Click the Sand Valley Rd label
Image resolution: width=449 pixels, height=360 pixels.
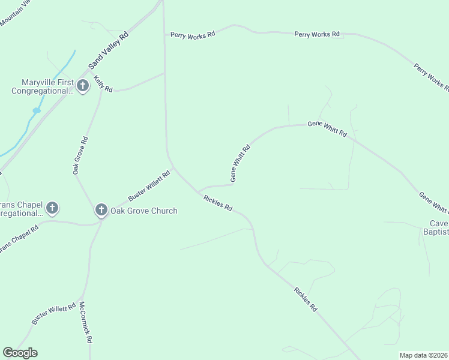point(109,50)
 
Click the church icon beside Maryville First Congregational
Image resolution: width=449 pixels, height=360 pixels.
point(83,86)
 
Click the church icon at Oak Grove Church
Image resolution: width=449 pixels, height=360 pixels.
point(101,210)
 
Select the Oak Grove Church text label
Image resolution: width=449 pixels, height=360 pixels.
point(144,211)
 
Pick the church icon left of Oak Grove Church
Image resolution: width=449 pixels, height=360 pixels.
point(52,208)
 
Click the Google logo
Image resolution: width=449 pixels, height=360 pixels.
point(20,353)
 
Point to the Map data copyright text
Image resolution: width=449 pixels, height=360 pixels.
point(423,355)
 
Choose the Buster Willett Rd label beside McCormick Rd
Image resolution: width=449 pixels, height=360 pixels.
point(54,313)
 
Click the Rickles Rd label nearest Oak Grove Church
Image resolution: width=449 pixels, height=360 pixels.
point(218,203)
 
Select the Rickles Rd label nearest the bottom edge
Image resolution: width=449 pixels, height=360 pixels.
point(306,299)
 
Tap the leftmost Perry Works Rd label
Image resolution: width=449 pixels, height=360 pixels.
point(193,35)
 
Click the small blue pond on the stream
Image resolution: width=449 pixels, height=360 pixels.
point(37,110)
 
